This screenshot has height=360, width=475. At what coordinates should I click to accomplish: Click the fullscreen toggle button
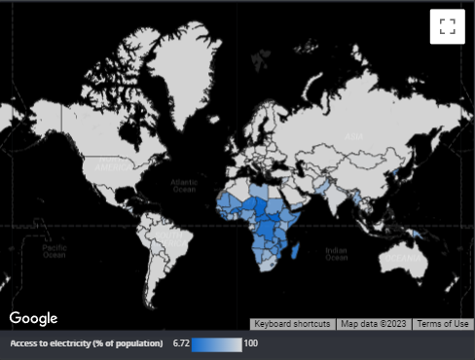coord(447,26)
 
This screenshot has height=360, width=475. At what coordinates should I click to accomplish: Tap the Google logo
coord(34,318)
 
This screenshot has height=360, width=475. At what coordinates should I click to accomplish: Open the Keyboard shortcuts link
coord(292,324)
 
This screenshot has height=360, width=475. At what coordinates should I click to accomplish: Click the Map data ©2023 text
coord(374,324)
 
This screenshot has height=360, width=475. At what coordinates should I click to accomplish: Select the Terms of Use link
coord(442,324)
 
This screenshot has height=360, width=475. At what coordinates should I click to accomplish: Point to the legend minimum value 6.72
coord(180,343)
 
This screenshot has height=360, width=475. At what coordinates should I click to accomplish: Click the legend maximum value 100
coord(251,343)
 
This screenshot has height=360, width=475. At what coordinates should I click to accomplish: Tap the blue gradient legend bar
coord(216,343)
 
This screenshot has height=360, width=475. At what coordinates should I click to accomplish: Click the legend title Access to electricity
coord(87,343)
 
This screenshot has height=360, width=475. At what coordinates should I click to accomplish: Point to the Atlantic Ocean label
coord(183,185)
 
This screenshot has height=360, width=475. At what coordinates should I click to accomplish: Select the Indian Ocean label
coord(336,253)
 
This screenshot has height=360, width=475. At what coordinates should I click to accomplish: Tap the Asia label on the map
coord(354,137)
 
